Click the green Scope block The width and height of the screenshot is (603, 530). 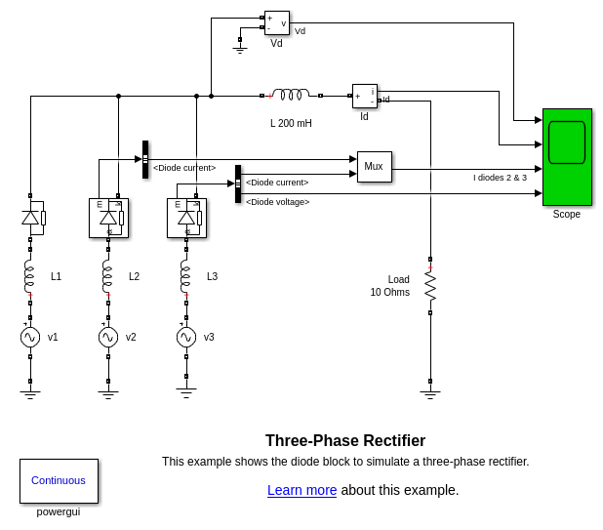coord(567,156)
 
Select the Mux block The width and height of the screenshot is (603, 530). coord(374,167)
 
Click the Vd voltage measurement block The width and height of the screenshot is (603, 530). coord(277,23)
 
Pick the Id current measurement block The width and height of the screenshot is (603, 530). coord(364,96)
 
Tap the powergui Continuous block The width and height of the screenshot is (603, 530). coord(59,480)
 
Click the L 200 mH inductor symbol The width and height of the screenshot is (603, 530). coord(291,95)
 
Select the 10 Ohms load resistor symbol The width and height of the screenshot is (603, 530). coord(430,285)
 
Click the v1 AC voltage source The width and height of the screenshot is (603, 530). coord(30,337)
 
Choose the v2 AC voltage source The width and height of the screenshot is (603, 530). coord(108,337)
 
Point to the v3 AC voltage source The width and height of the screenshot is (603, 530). coord(186,337)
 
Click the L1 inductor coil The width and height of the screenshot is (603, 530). coord(30,277)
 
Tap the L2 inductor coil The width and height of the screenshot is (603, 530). coord(108,277)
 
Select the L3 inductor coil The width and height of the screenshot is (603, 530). coord(186,277)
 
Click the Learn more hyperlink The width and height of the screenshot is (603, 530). coord(301,490)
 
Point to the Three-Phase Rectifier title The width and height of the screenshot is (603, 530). coord(345,440)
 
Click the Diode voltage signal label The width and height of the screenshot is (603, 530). coord(277,202)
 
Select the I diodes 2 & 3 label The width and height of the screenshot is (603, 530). coord(500,178)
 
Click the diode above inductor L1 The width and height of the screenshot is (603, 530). coord(31,218)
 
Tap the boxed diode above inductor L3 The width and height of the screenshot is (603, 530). coord(186,218)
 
